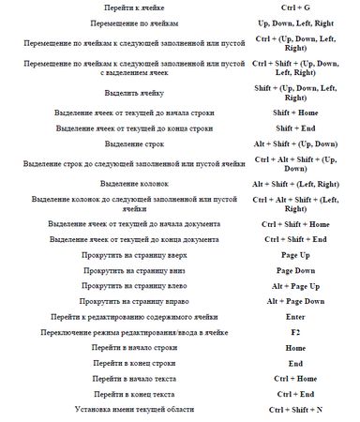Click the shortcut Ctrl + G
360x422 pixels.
[x=295, y=7]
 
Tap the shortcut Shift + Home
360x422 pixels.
[x=295, y=113]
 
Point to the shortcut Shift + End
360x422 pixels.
[x=295, y=128]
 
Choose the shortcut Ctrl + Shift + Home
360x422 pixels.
[x=295, y=225]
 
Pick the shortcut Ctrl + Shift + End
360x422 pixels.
[x=295, y=240]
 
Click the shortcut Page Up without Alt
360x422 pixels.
[x=295, y=255]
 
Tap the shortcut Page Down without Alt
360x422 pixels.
[x=295, y=270]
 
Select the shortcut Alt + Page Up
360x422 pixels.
[x=295, y=285]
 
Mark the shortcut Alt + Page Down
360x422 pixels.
[x=295, y=301]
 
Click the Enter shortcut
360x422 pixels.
[x=295, y=318]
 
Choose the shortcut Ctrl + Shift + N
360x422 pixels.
[x=295, y=410]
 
